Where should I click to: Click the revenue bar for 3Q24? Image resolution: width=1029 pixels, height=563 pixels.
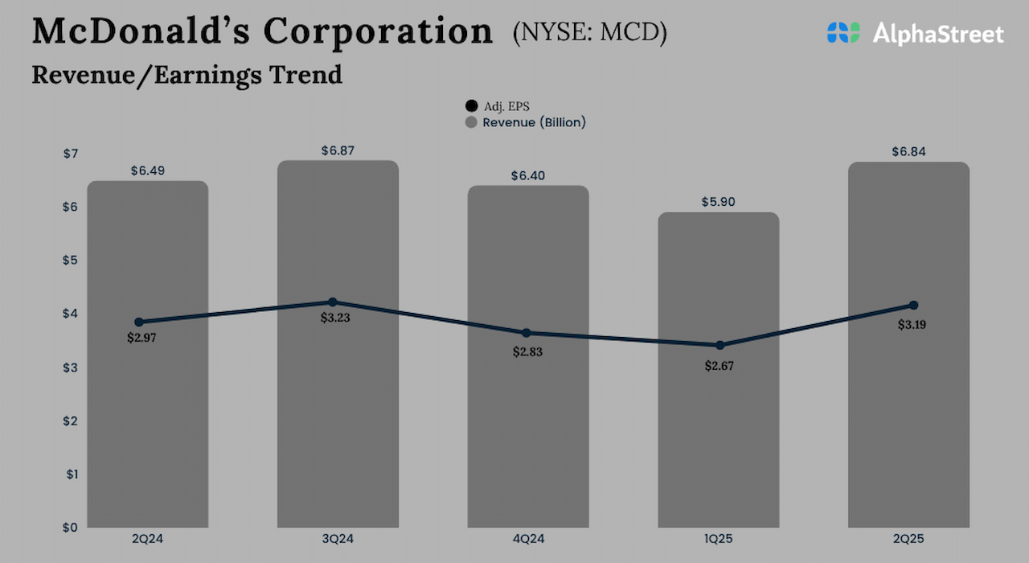(338, 418)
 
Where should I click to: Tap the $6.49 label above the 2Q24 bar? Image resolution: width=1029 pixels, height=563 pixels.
(147, 171)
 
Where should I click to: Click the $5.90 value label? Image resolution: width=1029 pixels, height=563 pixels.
(718, 202)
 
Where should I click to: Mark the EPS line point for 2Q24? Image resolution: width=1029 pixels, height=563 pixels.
(139, 322)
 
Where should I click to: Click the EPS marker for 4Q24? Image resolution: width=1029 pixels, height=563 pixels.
(527, 333)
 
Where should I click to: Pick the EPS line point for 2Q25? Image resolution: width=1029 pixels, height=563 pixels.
(913, 306)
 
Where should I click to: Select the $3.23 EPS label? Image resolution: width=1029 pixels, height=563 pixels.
(335, 318)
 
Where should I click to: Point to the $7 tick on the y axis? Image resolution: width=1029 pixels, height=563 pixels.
(71, 154)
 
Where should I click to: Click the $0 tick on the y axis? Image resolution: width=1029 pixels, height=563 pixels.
(71, 528)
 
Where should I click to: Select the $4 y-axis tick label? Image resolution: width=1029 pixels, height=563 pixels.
(71, 314)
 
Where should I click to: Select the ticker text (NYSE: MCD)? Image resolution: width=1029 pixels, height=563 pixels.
(589, 33)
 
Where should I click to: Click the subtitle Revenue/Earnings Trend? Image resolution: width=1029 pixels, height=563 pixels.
(187, 75)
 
